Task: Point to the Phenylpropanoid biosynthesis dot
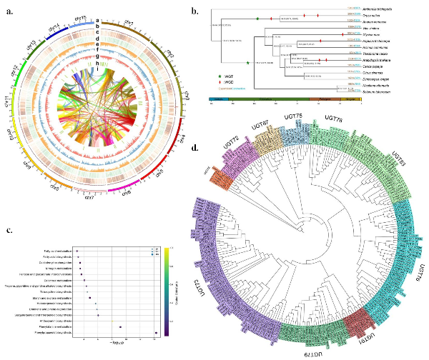pyautogui.click(x=156, y=333)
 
